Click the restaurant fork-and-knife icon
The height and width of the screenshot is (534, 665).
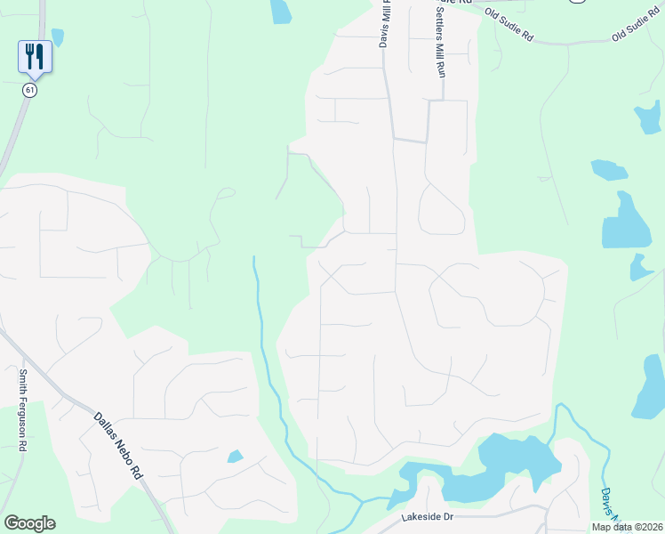35,56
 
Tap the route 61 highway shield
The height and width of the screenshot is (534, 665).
30,90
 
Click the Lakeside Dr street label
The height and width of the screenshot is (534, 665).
427,516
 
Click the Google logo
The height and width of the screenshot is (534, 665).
29,523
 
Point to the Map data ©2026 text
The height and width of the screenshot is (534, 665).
626,527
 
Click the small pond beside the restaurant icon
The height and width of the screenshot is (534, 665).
58,36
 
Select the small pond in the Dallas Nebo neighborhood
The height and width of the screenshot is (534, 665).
235,457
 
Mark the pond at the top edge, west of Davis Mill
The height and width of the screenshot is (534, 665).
281,11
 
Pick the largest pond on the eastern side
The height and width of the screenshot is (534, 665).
626,222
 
